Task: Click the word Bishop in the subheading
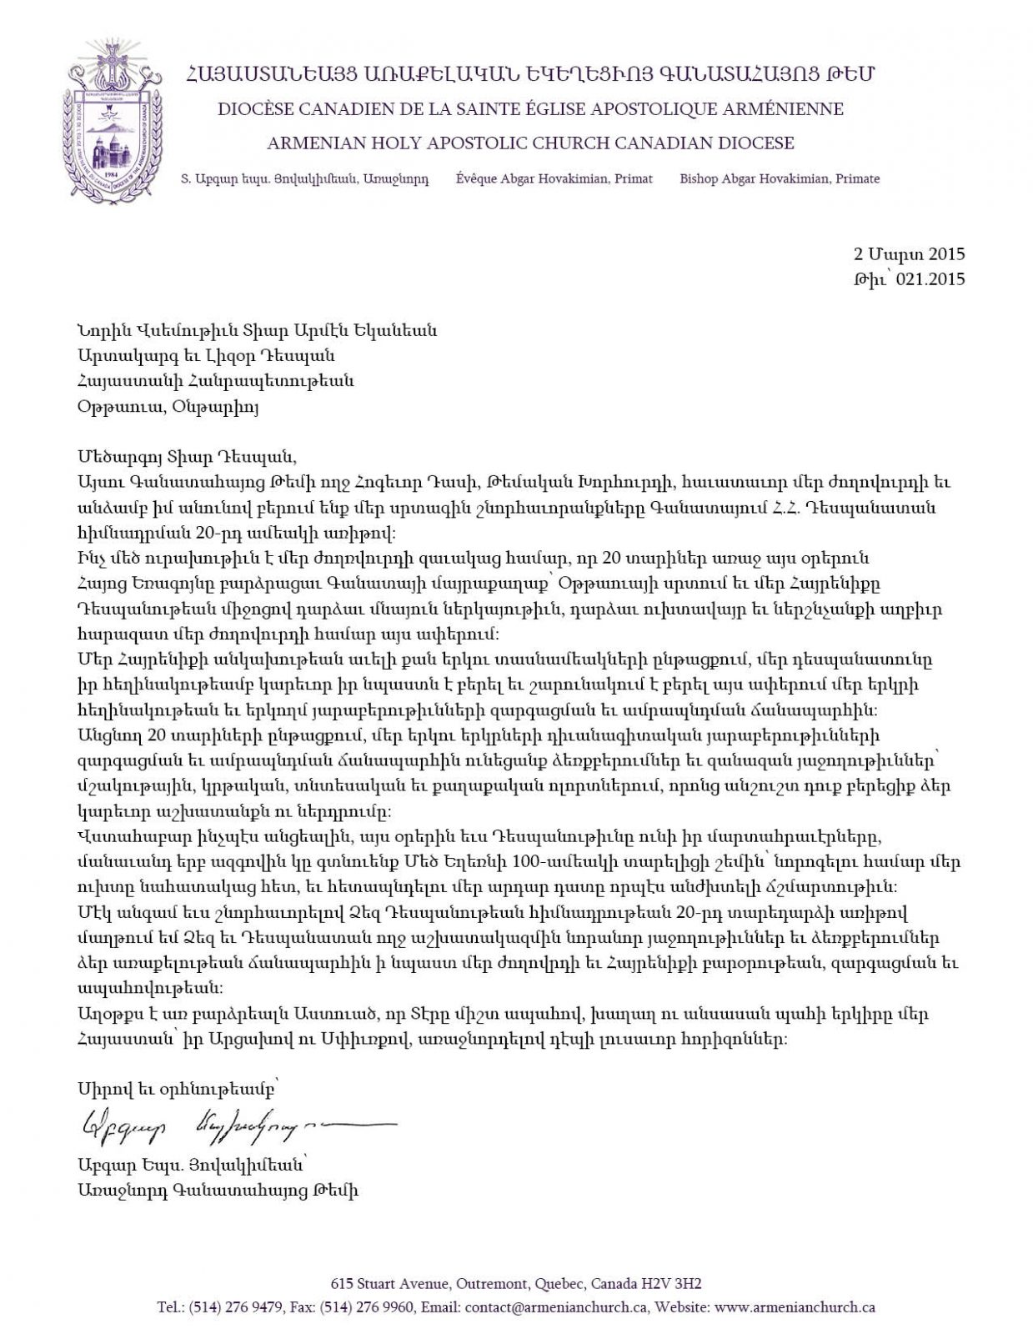coord(699,178)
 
